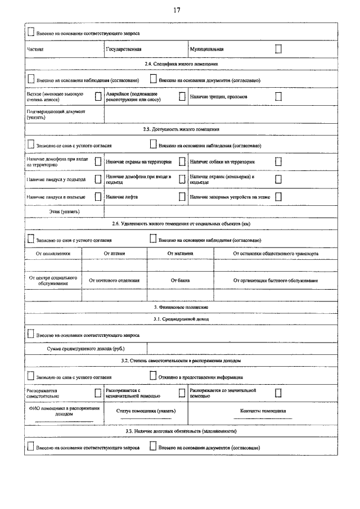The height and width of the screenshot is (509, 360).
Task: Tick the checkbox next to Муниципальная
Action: click(x=278, y=49)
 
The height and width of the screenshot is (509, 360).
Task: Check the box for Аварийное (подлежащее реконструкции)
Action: click(x=182, y=96)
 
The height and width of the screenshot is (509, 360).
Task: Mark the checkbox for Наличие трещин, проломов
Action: click(x=278, y=96)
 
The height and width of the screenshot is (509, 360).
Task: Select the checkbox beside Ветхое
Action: click(x=98, y=96)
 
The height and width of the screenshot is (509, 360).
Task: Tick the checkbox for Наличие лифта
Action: click(x=182, y=197)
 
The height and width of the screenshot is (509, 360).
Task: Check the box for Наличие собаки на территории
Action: click(x=278, y=161)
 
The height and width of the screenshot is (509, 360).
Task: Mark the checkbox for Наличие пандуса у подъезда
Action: click(x=98, y=179)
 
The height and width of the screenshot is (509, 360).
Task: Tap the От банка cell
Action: click(x=180, y=280)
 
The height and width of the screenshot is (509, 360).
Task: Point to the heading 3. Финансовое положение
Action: click(x=181, y=307)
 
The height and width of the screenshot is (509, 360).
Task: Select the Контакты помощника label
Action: click(x=263, y=411)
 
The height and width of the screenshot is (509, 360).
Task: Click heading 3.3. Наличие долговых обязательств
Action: click(x=181, y=431)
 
